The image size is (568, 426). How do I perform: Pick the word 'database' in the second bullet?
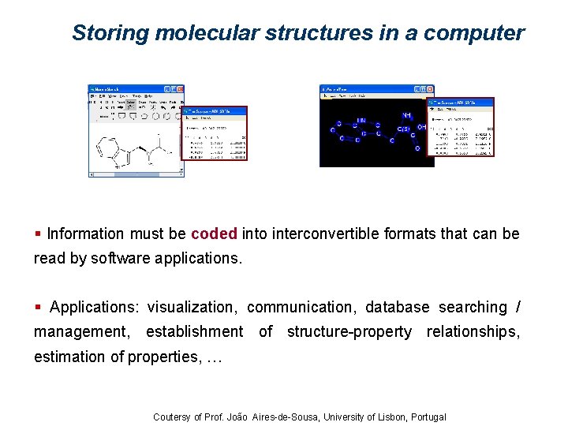point(397,307)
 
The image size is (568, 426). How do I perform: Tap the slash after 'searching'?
point(517,307)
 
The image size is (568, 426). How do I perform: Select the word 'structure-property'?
point(349,331)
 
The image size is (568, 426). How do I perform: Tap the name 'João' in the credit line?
point(236,417)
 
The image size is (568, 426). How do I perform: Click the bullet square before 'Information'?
point(39,234)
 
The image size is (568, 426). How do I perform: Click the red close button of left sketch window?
point(180,89)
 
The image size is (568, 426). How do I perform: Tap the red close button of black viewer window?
point(430,89)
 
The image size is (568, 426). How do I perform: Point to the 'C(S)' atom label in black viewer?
point(403,129)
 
